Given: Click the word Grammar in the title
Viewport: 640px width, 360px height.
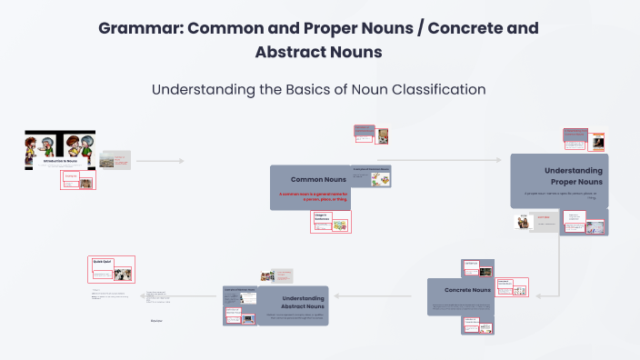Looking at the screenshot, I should (x=136, y=27).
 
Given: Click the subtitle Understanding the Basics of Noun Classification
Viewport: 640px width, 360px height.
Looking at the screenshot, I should (x=318, y=89).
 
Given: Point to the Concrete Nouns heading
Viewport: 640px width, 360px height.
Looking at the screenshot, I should (x=468, y=290).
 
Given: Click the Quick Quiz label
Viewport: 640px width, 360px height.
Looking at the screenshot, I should (x=101, y=261).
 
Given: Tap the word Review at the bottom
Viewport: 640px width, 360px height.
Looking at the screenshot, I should (x=156, y=320).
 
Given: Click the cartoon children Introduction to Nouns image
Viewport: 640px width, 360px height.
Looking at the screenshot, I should (x=59, y=150).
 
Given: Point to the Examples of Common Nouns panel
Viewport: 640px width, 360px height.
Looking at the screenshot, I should (x=372, y=177).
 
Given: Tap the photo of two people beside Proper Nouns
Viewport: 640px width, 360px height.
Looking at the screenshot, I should (x=524, y=222).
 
